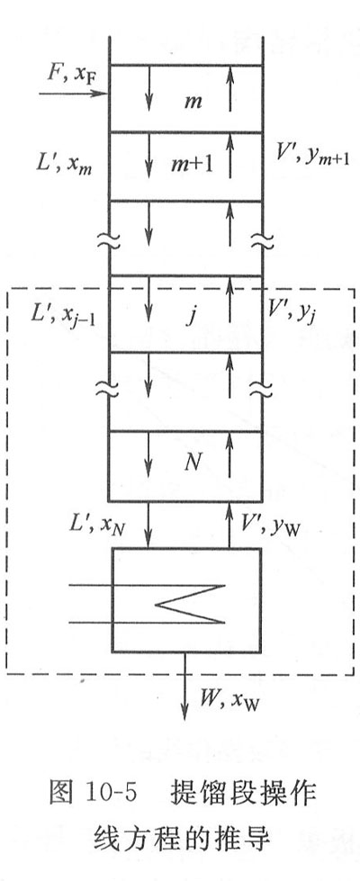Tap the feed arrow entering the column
pyautogui.click(x=73, y=93)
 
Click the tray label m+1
pyautogui.click(x=193, y=164)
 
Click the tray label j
pyautogui.click(x=192, y=317)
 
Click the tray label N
pyautogui.click(x=192, y=461)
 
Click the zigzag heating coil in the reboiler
pyautogui.click(x=190, y=604)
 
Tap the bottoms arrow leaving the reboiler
pyautogui.click(x=184, y=687)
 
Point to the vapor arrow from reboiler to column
pyautogui.click(x=229, y=526)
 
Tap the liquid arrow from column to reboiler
pyautogui.click(x=148, y=526)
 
